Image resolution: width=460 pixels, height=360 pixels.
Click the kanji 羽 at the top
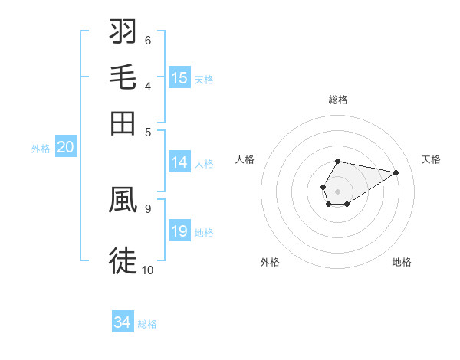[x=123, y=33]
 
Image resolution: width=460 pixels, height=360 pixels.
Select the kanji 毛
[x=123, y=77]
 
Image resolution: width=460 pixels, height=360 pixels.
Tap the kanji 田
[x=123, y=122]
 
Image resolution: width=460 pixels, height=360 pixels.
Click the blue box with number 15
[x=179, y=78]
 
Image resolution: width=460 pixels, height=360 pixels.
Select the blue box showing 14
[x=179, y=162]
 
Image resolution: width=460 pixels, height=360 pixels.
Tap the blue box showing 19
[x=179, y=231]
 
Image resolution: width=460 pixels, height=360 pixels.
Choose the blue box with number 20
[x=65, y=148]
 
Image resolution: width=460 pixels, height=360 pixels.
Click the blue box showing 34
[x=123, y=322]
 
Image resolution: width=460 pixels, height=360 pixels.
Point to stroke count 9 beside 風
[x=147, y=207]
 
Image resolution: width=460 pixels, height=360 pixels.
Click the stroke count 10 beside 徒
[x=147, y=270]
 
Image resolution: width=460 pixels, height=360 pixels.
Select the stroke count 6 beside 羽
[x=147, y=40]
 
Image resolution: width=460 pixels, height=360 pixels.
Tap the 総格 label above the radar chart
[x=337, y=100]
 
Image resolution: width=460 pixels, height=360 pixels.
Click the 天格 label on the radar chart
[x=431, y=159]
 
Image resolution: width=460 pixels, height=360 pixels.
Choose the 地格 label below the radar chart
[x=402, y=262]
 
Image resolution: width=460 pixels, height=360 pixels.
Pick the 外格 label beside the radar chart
[x=270, y=262]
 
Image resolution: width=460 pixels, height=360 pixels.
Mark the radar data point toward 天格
[x=396, y=172]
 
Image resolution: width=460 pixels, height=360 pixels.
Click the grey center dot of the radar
[x=337, y=190]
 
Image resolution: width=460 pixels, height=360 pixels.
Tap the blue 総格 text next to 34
[x=147, y=324]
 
